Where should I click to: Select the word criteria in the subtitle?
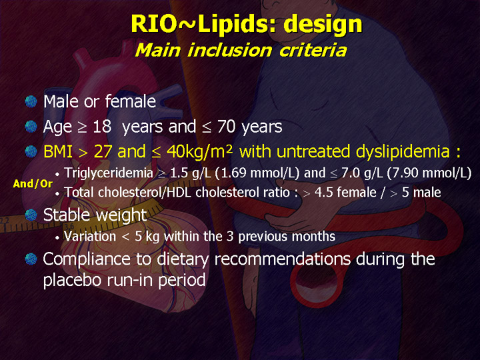[x=313, y=50]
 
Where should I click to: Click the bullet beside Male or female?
[x=31, y=101]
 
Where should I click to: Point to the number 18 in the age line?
[x=102, y=127]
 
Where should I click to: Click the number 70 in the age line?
[x=226, y=127]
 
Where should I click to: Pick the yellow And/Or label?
[x=33, y=184]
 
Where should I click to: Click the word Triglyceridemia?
[x=109, y=173]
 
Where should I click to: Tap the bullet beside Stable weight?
[x=31, y=215]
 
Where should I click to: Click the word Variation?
[x=90, y=236]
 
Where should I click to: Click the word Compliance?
[x=86, y=259]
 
